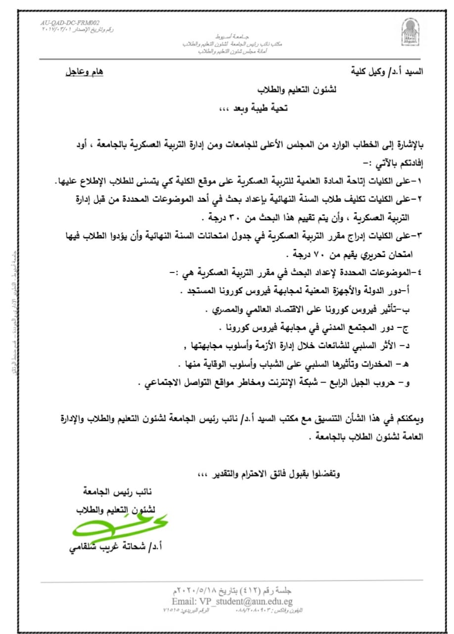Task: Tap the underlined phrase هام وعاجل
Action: [x=85, y=72]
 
